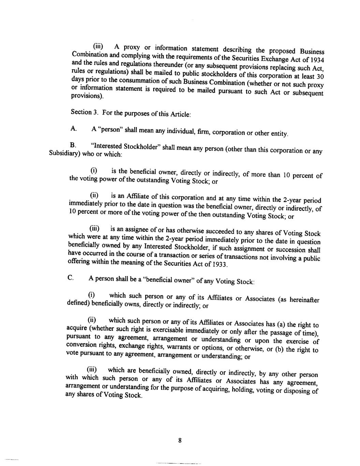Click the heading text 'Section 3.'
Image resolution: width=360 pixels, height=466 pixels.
82,112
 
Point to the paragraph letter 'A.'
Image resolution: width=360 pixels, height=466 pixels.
73,129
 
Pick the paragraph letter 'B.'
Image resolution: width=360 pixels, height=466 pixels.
73,145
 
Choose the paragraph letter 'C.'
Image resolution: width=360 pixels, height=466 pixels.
71,278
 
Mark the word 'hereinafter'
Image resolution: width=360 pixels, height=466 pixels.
304,300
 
